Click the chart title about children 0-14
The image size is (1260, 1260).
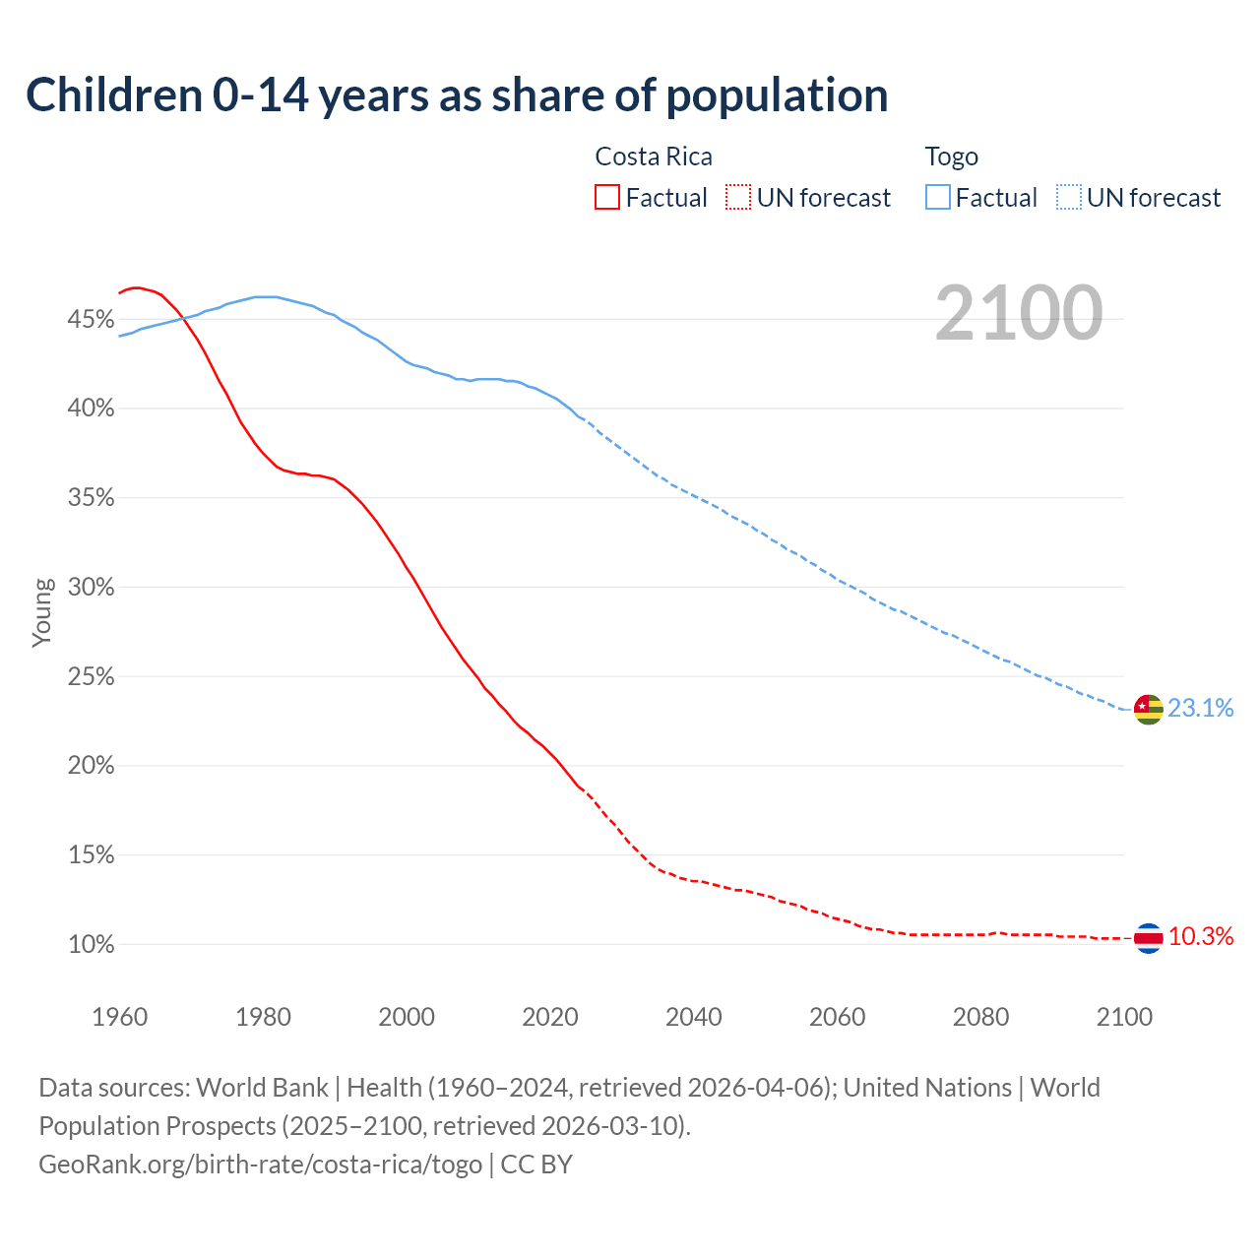click(457, 95)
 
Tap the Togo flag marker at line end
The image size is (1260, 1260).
click(1148, 709)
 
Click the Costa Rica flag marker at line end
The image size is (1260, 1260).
click(1148, 938)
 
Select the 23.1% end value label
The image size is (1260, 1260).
click(1200, 708)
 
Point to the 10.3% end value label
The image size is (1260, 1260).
click(1200, 936)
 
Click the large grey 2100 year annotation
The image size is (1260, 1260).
click(1018, 313)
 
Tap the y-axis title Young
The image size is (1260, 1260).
click(42, 612)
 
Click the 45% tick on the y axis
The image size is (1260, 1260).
click(91, 319)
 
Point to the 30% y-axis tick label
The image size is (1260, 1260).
click(91, 588)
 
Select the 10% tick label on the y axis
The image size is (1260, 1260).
click(91, 945)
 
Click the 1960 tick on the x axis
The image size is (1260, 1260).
click(119, 1017)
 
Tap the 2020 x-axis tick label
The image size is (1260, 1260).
click(549, 1017)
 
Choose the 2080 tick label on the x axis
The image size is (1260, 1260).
click(980, 1017)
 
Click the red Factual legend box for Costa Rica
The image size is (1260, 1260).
click(607, 198)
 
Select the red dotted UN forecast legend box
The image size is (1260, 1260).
click(738, 198)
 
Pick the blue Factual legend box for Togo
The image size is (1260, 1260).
click(937, 198)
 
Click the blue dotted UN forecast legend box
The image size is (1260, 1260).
click(1069, 198)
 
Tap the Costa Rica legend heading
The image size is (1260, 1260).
click(654, 157)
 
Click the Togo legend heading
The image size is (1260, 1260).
click(951, 157)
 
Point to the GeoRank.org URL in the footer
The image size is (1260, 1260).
click(260, 1165)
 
